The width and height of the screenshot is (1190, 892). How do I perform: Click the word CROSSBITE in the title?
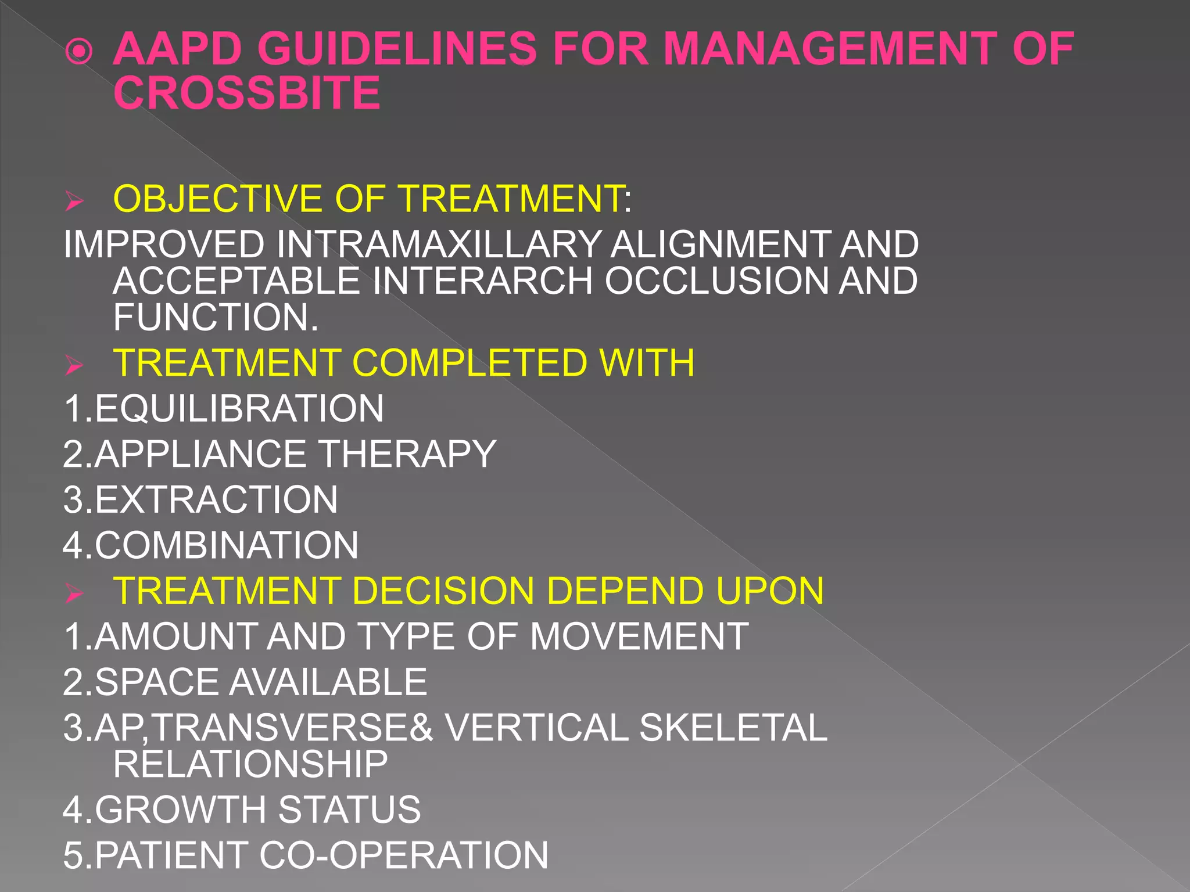pos(247,93)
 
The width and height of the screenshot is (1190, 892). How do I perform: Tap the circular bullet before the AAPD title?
pos(79,51)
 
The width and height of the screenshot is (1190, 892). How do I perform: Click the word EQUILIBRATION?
pos(239,408)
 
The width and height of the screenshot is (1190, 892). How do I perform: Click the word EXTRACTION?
pos(216,499)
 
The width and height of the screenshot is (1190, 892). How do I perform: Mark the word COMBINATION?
pos(226,545)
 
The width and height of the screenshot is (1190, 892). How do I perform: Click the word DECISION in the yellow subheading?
pos(443,591)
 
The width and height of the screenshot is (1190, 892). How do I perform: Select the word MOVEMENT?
pos(639,636)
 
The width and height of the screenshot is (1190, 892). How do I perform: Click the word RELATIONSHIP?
pos(250,764)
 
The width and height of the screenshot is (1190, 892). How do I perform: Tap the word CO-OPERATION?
pos(403,855)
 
